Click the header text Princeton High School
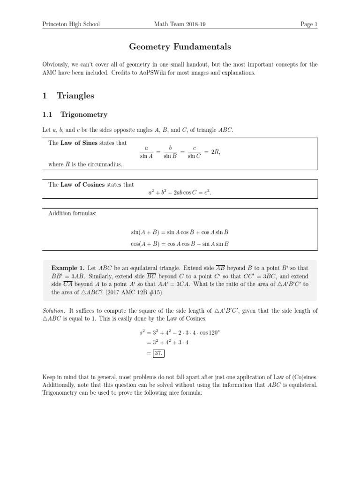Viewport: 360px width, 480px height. coord(71,24)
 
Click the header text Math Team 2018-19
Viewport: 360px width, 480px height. coord(180,24)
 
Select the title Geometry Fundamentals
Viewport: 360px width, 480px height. coord(180,47)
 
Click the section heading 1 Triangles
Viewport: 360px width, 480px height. coord(68,96)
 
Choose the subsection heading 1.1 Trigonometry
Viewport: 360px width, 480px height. coord(75,114)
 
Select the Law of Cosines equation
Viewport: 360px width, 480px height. coord(180,193)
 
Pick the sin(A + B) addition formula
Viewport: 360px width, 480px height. coord(180,232)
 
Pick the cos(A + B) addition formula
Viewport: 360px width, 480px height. coord(180,243)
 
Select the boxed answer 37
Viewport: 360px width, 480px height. coord(159,353)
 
